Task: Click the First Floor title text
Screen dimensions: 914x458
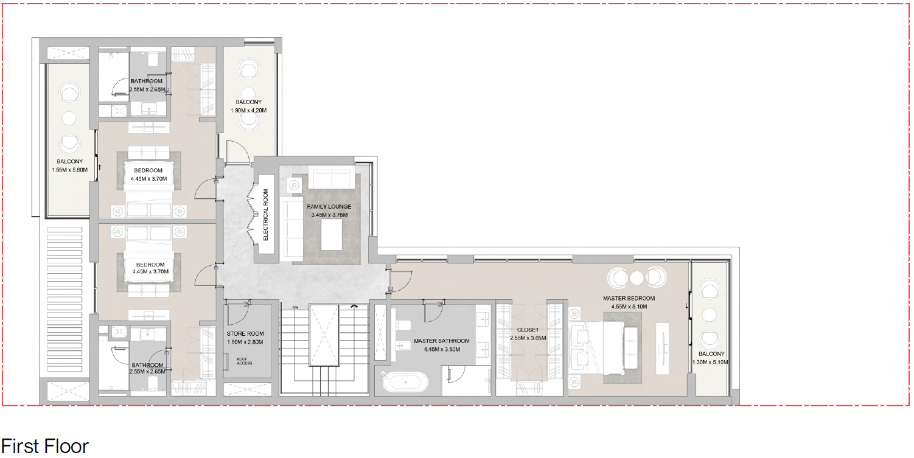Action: pos(45,446)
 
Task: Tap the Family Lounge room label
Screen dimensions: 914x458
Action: pos(329,207)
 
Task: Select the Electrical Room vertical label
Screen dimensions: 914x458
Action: pos(266,215)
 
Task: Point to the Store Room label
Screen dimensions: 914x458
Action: pos(245,333)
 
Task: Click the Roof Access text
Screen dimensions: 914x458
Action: pos(244,361)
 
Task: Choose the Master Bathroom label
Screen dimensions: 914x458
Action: pos(442,341)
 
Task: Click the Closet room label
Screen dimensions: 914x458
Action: pos(528,330)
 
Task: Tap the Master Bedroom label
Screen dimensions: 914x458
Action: pos(629,299)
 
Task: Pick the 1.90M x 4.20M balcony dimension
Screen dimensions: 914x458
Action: pos(248,111)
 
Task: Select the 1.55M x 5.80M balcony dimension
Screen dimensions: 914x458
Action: pos(69,170)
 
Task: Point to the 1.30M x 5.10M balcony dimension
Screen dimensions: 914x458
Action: pos(710,362)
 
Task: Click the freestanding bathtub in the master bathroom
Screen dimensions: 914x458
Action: pos(405,383)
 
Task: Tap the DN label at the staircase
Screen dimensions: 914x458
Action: pos(295,308)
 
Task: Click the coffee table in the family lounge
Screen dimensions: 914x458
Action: pos(331,235)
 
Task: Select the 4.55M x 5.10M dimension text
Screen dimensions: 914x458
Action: pos(629,307)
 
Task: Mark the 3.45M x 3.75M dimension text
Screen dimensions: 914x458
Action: pos(329,215)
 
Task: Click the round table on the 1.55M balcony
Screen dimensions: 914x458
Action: pos(69,118)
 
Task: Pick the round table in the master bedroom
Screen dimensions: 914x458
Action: pos(637,278)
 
